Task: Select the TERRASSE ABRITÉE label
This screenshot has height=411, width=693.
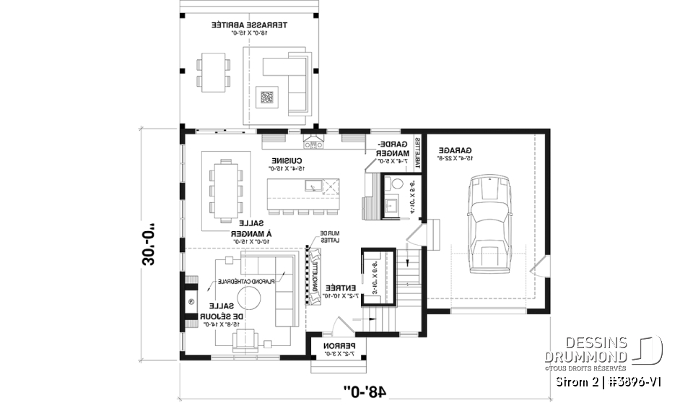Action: [x=248, y=28]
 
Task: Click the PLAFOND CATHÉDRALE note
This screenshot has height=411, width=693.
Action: [x=242, y=282]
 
